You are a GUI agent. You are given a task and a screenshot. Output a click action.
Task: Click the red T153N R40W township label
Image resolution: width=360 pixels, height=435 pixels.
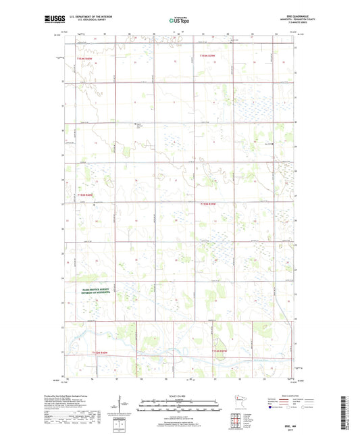point(84,195)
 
